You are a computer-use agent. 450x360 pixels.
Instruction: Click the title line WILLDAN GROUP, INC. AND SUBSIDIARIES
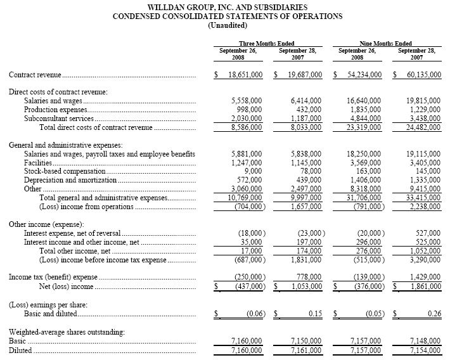(228, 7)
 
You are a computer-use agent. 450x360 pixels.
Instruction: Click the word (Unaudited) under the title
(228, 25)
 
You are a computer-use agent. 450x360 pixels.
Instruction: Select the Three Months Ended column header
(266, 42)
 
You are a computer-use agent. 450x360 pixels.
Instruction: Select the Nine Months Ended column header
(387, 42)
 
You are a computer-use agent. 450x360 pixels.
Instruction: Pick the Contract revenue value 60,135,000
(420, 75)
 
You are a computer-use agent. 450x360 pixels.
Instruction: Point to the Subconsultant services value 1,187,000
(304, 118)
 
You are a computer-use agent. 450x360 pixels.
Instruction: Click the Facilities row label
(37, 162)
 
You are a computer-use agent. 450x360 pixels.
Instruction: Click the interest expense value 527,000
(427, 233)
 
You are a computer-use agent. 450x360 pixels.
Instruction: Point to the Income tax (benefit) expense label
(54, 277)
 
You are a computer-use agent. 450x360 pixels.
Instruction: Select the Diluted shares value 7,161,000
(304, 349)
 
